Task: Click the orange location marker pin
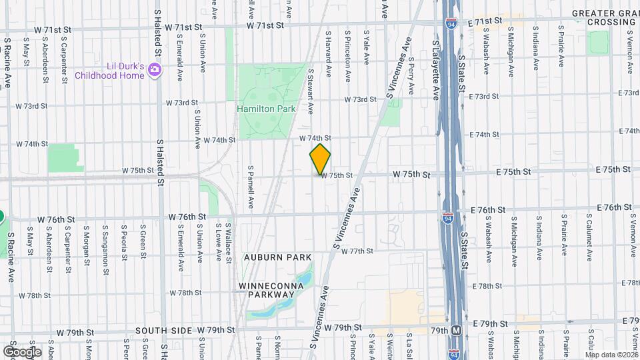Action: click(320, 159)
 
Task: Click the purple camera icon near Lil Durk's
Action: click(155, 70)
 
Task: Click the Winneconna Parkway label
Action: click(271, 291)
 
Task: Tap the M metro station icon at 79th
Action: click(457, 330)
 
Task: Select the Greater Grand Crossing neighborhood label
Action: click(605, 17)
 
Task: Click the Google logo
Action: click(22, 351)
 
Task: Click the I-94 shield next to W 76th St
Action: click(447, 218)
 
